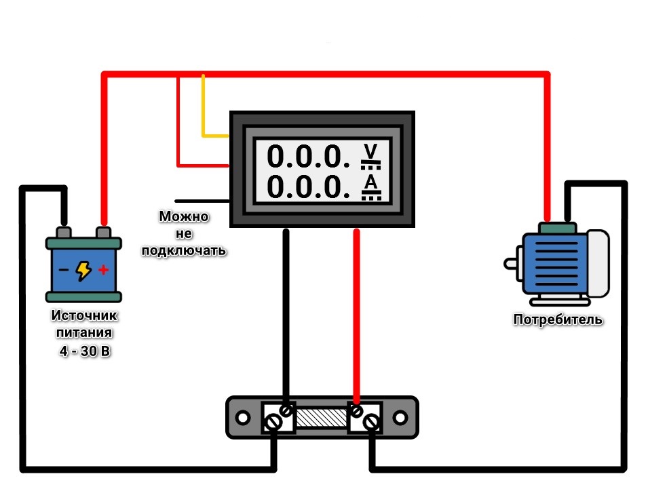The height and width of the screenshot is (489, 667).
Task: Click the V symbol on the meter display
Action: [x=369, y=151]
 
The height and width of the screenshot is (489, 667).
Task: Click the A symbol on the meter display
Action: [x=370, y=182]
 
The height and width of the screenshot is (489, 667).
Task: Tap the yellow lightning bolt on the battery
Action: [x=83, y=271]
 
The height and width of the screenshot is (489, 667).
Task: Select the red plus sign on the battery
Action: [x=103, y=270]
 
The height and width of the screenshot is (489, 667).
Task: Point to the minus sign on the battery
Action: [x=63, y=270]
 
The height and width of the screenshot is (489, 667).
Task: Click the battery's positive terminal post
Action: [x=104, y=233]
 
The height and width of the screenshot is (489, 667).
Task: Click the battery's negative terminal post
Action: [x=64, y=233]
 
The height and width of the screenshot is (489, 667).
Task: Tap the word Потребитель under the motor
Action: [x=558, y=319]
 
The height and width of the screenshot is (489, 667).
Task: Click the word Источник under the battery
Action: [x=84, y=316]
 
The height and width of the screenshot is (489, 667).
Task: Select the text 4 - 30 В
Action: [x=84, y=352]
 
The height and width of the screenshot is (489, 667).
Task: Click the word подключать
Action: [x=183, y=250]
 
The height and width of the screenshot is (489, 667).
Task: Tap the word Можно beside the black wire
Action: [x=184, y=217]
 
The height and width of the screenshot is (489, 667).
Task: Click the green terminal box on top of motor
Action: [x=558, y=228]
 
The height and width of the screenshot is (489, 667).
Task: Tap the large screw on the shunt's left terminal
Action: [x=273, y=422]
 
